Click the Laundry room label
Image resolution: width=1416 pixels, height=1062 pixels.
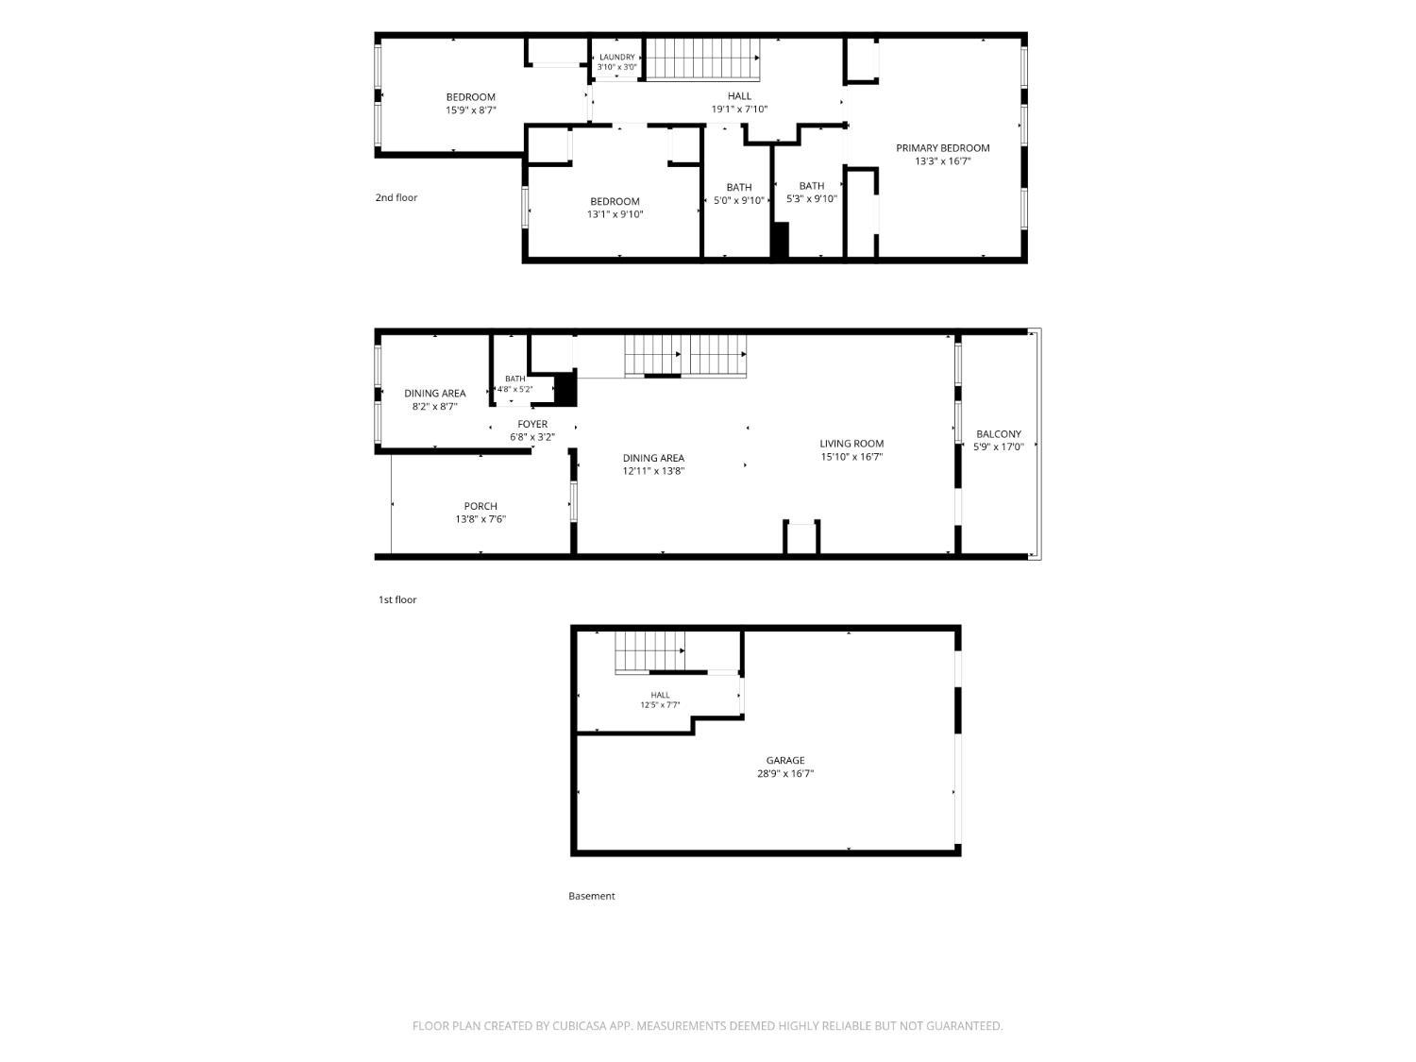pos(616,57)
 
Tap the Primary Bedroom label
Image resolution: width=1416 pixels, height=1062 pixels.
pos(942,147)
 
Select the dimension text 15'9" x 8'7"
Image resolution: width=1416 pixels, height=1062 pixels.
pos(470,110)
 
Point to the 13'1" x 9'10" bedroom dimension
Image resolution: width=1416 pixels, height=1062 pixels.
pos(615,214)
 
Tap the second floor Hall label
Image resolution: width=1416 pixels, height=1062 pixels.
pos(739,96)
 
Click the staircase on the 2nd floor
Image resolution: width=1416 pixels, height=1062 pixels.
pos(703,59)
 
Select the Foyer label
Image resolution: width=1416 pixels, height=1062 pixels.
pos(532,424)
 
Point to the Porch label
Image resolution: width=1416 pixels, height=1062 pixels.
pos(480,506)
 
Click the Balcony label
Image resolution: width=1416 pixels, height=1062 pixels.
pos(999,434)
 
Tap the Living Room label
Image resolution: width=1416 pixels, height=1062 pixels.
pos(851,443)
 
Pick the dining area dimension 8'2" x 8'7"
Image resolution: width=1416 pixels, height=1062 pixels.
pos(435,406)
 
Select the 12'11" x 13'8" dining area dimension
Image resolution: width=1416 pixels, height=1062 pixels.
pos(653,471)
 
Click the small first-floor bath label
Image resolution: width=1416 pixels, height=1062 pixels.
pos(514,379)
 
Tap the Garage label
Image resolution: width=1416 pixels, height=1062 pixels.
pos(785,760)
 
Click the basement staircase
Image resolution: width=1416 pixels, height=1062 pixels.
pos(649,652)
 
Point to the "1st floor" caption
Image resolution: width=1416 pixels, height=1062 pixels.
pos(397,599)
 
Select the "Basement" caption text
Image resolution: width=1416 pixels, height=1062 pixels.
pos(592,896)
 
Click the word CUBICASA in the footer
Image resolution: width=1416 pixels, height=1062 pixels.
pos(579,1026)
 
